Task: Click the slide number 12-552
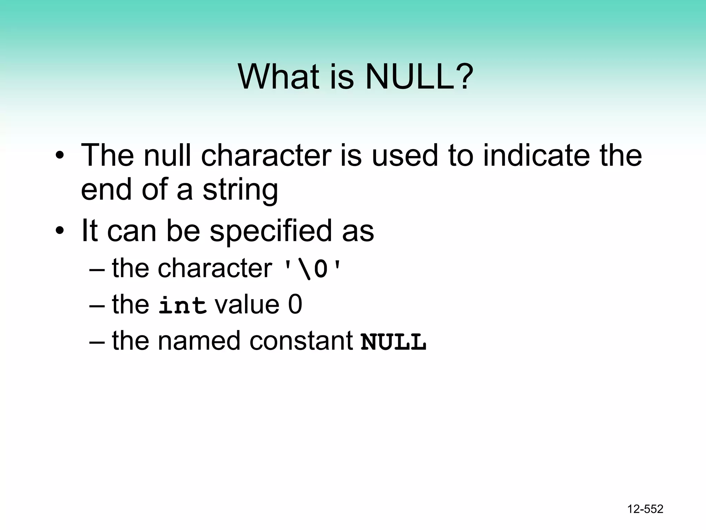click(x=645, y=509)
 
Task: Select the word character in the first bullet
click(x=266, y=155)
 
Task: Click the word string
click(x=240, y=190)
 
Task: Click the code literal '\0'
click(x=312, y=269)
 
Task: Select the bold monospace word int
click(x=182, y=305)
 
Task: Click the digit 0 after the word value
click(x=295, y=305)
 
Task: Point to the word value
click(x=247, y=305)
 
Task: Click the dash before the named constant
click(x=97, y=342)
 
